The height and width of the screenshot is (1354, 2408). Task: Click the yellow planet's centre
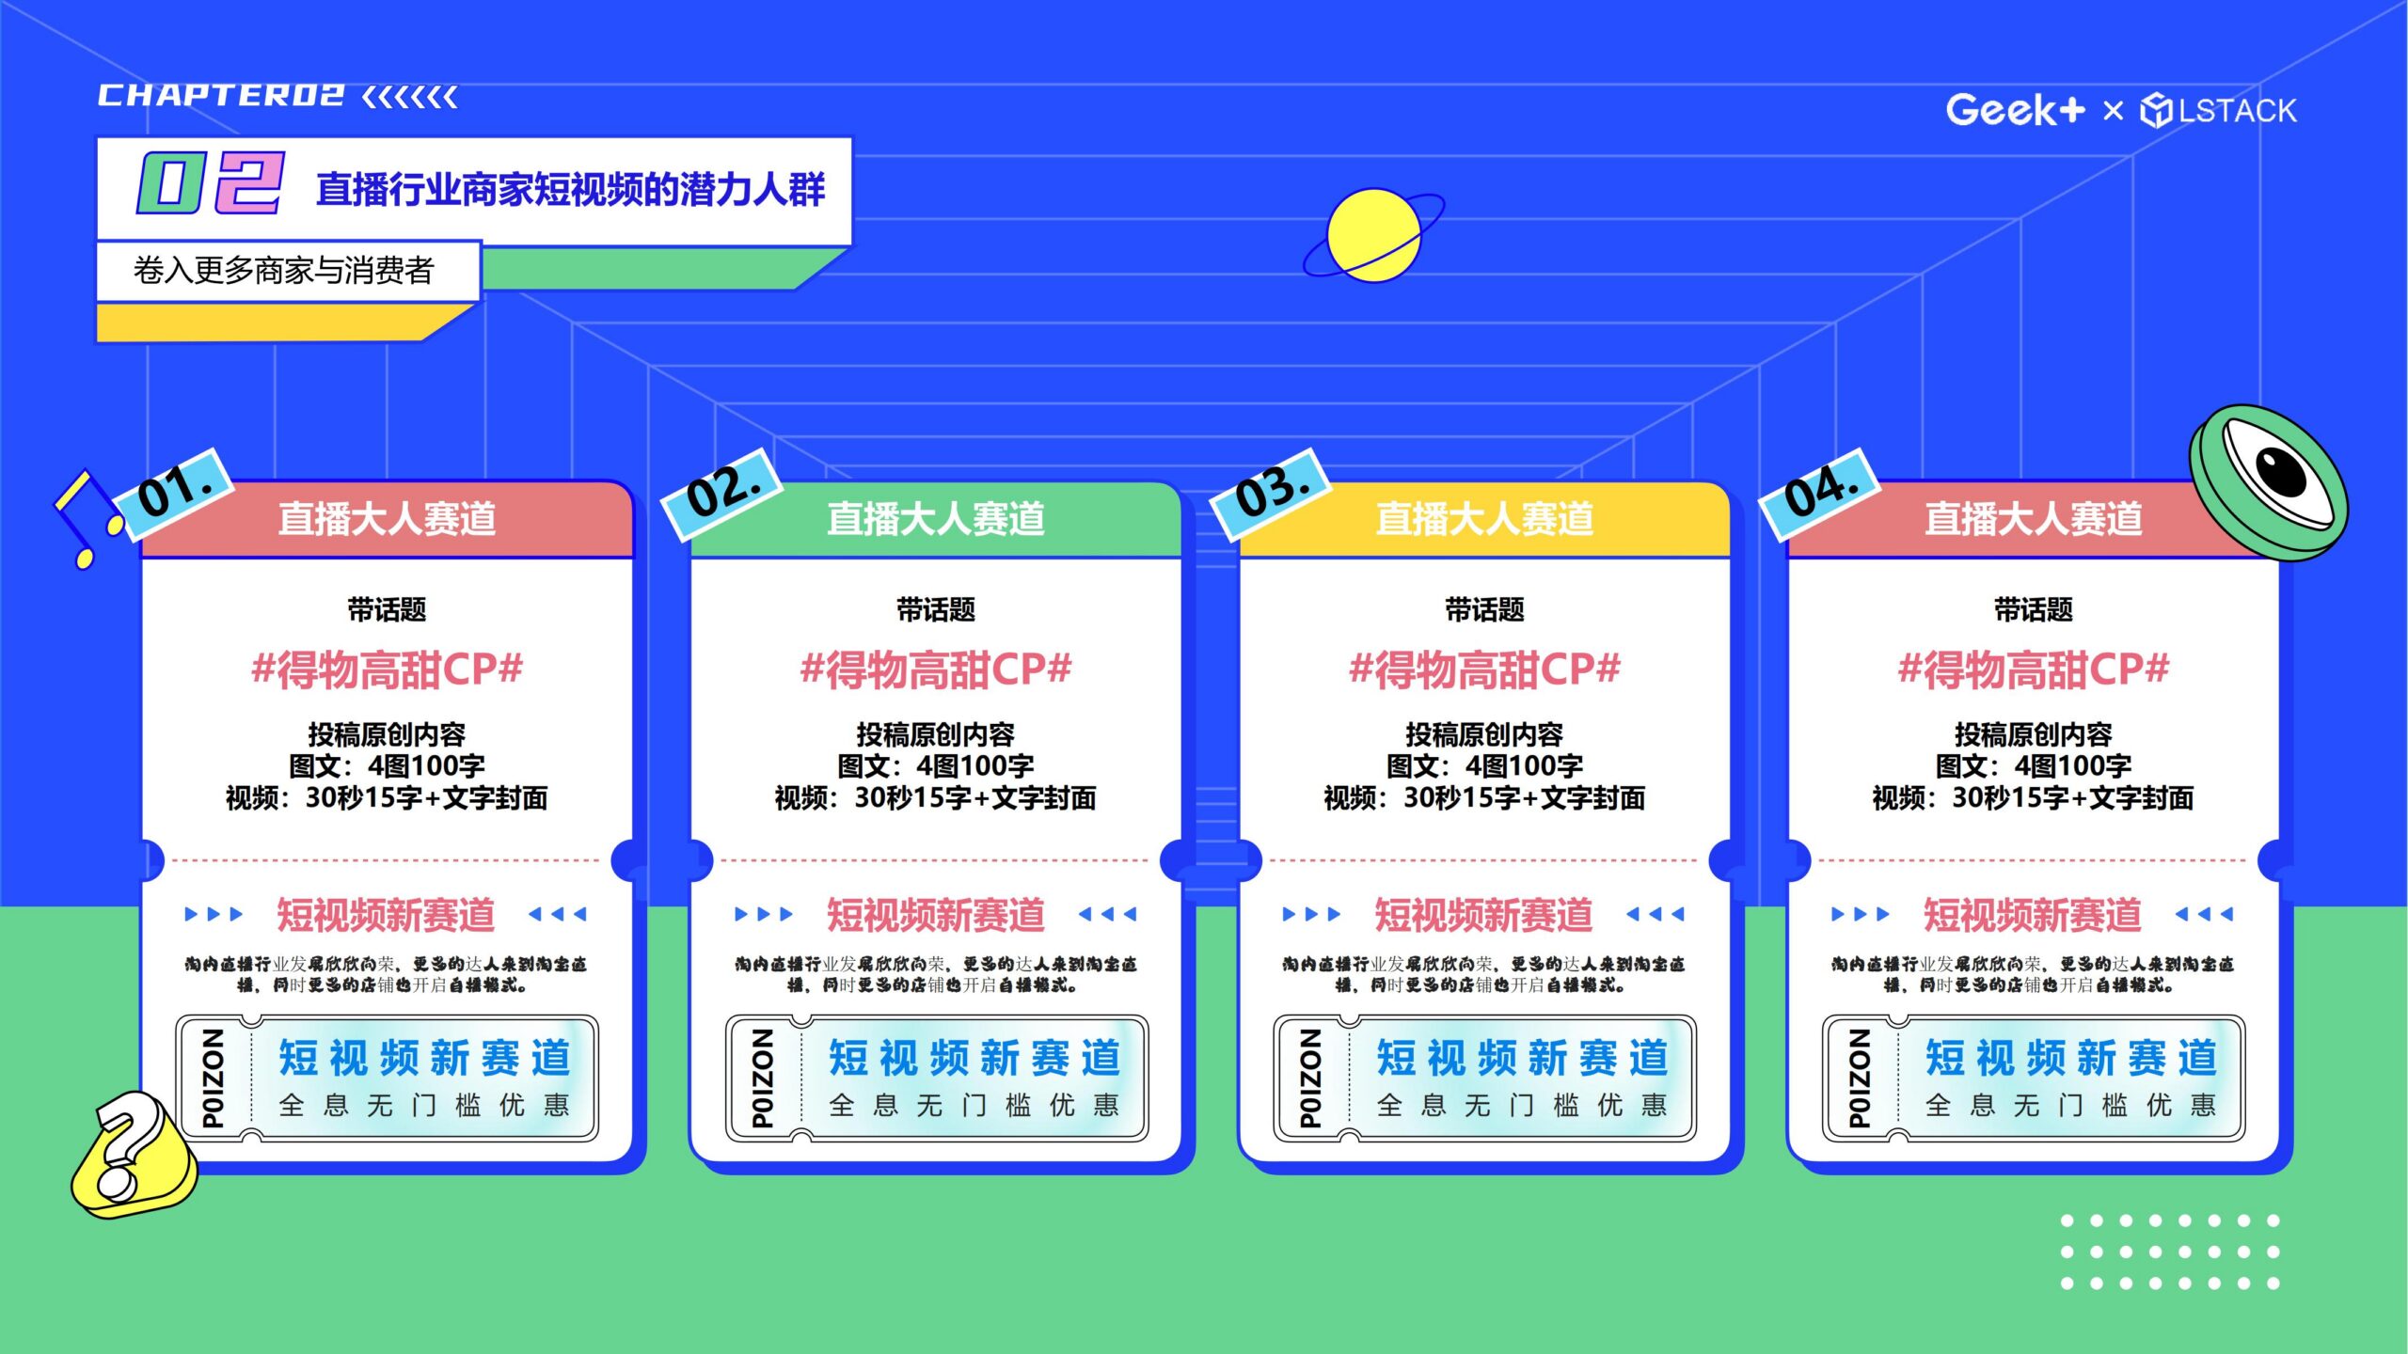[x=1373, y=235]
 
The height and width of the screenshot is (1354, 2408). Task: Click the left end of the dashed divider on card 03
[x=1271, y=859]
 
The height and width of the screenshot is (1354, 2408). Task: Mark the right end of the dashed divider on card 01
[x=599, y=859]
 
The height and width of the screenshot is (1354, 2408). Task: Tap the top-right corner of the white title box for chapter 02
[x=851, y=139]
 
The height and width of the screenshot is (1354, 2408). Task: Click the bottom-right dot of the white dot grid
[x=2273, y=1283]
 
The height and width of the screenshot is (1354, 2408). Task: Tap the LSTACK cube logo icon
[x=2156, y=111]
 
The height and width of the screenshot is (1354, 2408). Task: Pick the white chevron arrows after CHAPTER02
[x=410, y=96]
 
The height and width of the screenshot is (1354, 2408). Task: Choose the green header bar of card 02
[x=936, y=519]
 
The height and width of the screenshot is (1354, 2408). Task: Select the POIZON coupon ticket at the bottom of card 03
[x=1484, y=1078]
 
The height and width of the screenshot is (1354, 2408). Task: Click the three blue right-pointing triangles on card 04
[x=1860, y=914]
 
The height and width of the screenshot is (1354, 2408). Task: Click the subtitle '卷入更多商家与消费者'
[x=283, y=271]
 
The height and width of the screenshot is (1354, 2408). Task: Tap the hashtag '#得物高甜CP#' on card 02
[x=936, y=669]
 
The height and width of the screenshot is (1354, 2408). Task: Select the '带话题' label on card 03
[x=1484, y=609]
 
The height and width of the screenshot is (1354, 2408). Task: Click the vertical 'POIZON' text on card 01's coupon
[x=214, y=1078]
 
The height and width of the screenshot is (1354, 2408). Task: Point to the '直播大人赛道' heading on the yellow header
[x=1484, y=519]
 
